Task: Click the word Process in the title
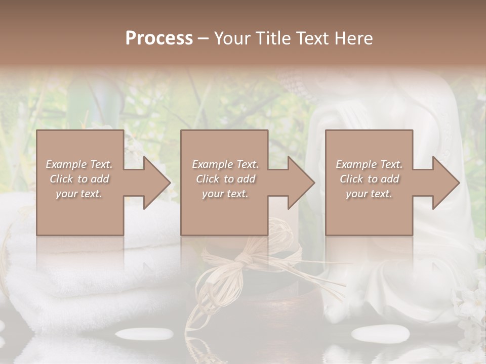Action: point(159,38)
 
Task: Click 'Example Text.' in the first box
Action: point(79,164)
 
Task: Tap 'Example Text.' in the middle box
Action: point(225,164)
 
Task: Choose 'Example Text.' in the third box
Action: point(369,164)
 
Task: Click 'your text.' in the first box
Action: point(79,194)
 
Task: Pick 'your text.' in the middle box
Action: point(225,194)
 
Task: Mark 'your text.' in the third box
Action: point(369,194)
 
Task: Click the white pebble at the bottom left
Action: point(144,334)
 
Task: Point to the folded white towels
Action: point(76,273)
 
